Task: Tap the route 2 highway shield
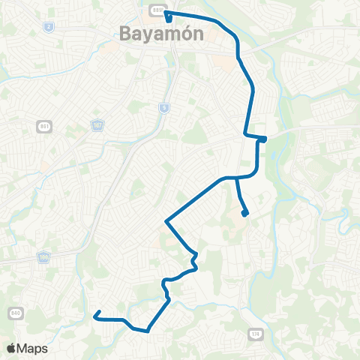coord(49,26)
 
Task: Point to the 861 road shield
coord(42,127)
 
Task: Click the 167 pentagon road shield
coord(97,124)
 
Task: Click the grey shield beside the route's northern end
coord(156,9)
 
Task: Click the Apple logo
coord(11,348)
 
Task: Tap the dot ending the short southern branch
coord(245,214)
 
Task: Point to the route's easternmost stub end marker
coord(264,139)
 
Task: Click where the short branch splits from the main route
coord(237,178)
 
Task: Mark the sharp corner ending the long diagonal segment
coord(166,221)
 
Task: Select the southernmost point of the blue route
coord(148,330)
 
